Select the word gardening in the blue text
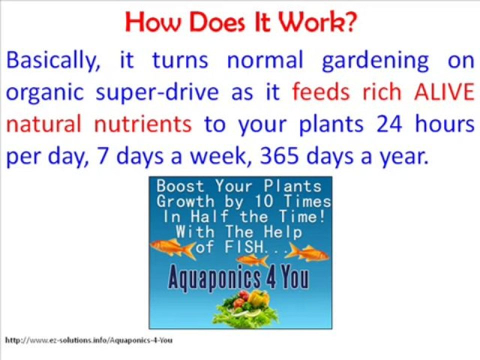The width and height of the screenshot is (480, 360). tap(375, 61)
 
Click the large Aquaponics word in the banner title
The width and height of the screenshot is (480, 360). tap(215, 279)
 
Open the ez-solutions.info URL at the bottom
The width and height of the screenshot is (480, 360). tap(88, 340)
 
